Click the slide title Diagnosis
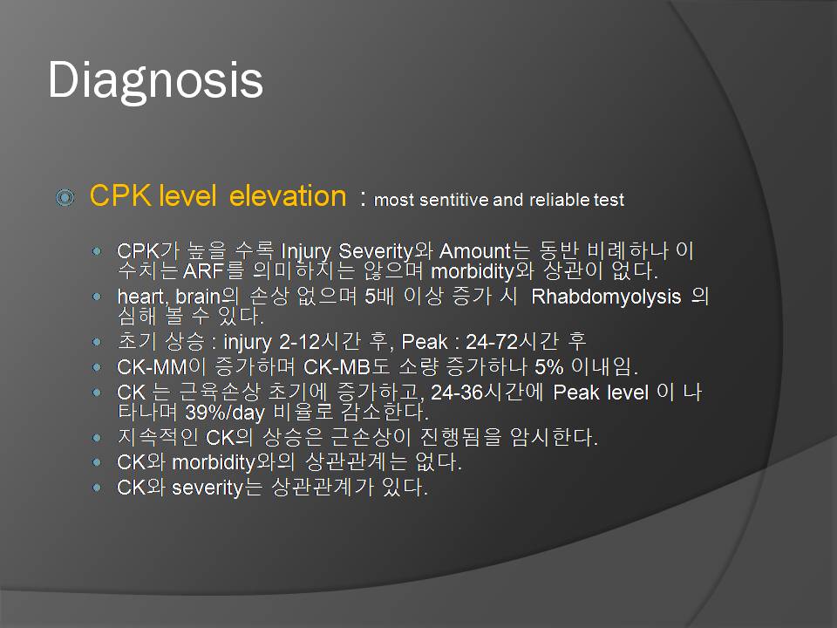[155, 80]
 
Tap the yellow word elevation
[288, 195]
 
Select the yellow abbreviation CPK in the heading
[120, 195]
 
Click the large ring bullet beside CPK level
[65, 197]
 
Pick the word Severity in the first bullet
[376, 250]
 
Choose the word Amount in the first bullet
[476, 250]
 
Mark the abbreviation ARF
[203, 271]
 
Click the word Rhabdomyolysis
[607, 297]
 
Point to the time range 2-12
[299, 341]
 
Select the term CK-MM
[152, 367]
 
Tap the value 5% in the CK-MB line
[549, 367]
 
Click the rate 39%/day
[225, 413]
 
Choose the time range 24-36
[457, 392]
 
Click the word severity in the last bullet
[208, 487]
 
